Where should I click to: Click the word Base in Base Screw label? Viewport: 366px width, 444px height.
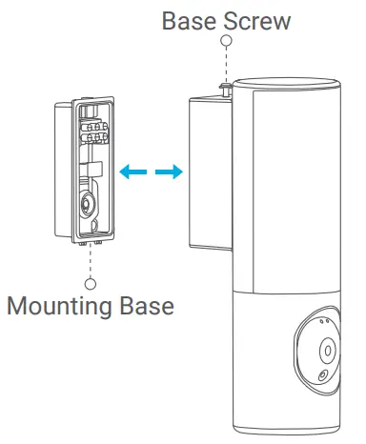point(189,20)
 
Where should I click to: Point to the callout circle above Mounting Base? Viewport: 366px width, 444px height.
point(90,283)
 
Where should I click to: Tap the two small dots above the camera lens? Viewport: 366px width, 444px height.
point(326,322)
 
